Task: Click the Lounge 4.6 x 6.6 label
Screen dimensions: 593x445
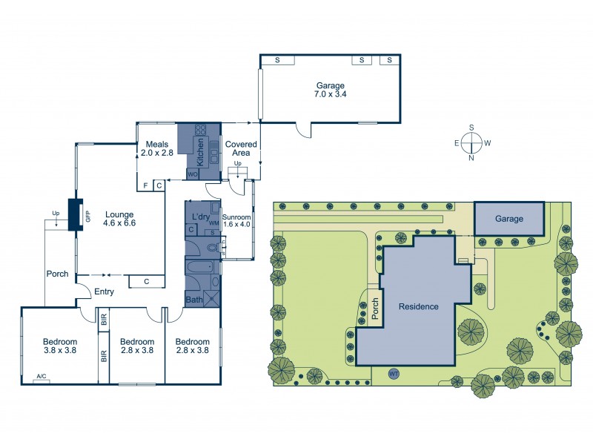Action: tap(119, 219)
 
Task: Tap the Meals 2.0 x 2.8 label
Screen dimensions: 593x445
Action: tap(157, 148)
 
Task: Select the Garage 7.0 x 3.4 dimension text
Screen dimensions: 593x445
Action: tap(331, 94)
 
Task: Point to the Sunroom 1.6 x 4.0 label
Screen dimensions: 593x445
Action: tap(236, 220)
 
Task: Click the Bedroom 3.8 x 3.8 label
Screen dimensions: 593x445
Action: tap(60, 346)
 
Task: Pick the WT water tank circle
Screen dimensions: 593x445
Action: tap(394, 374)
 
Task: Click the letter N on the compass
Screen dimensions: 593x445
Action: tap(471, 158)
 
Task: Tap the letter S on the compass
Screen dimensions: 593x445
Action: tap(471, 128)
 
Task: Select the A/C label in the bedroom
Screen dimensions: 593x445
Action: tap(42, 376)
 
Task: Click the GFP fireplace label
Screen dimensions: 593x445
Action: tap(88, 216)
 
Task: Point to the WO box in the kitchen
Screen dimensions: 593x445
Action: tap(193, 174)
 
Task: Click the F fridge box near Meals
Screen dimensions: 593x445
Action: tap(145, 185)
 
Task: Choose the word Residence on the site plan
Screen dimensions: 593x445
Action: tap(419, 306)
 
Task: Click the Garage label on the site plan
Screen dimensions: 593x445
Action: tap(509, 219)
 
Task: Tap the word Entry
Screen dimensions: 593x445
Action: tap(104, 291)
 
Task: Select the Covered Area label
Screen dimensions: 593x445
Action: tap(241, 148)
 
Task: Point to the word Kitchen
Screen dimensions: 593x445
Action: tap(200, 152)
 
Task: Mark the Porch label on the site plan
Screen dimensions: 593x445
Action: tap(375, 309)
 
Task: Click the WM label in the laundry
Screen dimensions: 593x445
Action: tap(214, 224)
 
